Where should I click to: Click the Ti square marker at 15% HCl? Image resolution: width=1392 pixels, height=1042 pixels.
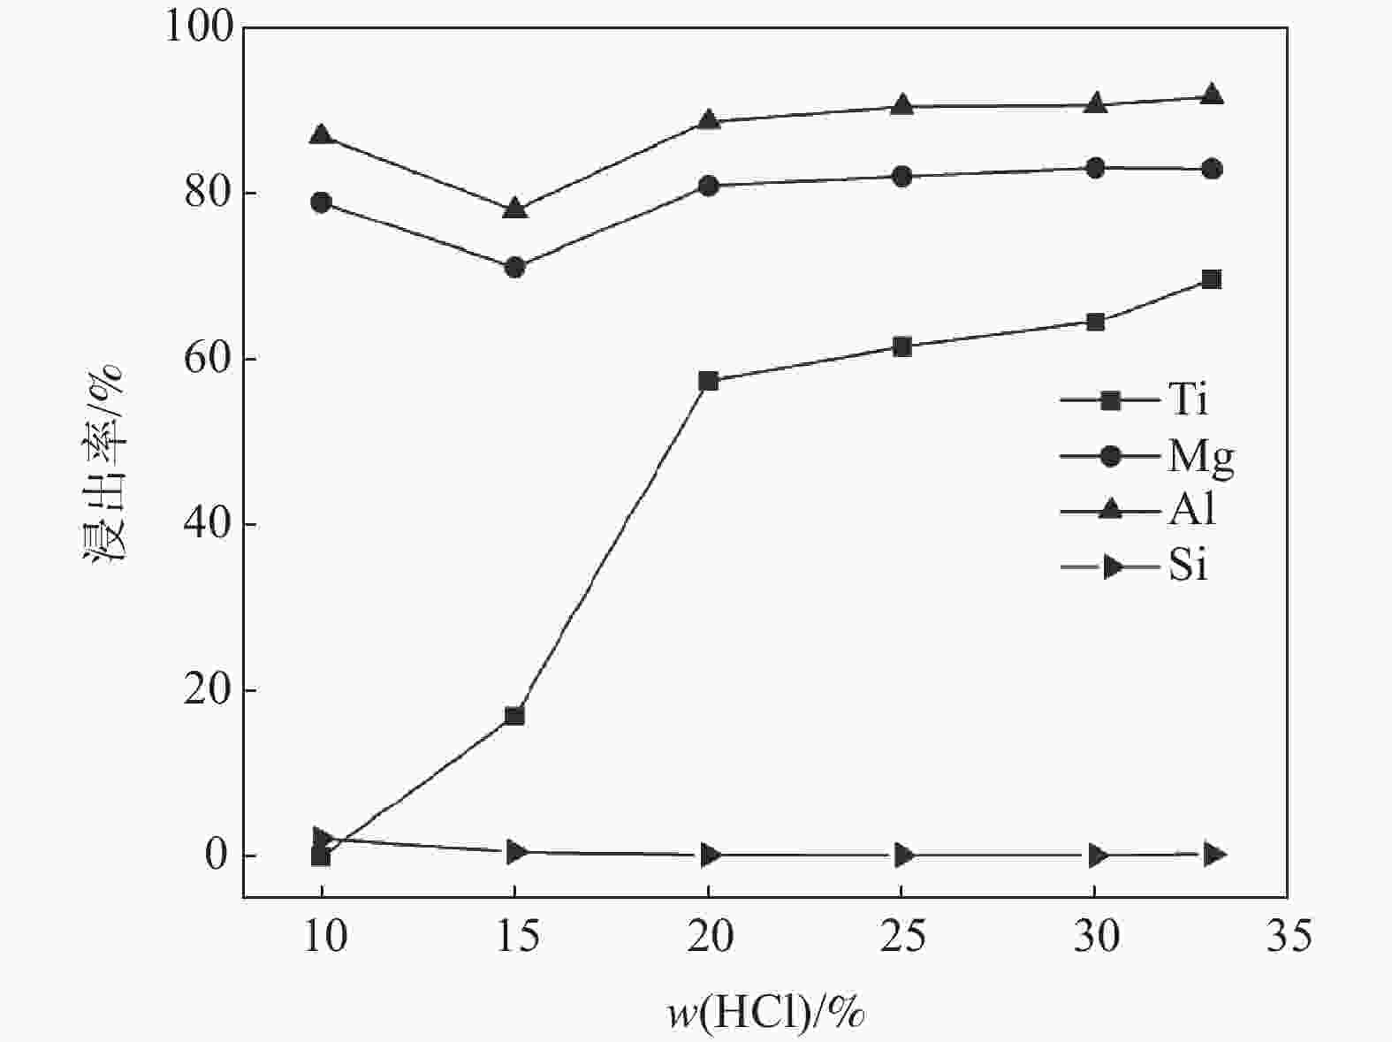(x=514, y=715)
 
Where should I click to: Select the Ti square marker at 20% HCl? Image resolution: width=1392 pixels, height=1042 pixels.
(x=708, y=381)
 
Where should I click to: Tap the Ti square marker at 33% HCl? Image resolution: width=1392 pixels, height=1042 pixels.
(x=1212, y=279)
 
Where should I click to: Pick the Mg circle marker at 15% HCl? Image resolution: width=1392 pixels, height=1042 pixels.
(x=514, y=267)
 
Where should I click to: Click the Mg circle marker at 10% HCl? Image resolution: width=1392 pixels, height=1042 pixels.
(x=321, y=202)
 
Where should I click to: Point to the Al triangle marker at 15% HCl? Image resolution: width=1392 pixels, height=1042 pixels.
(x=514, y=209)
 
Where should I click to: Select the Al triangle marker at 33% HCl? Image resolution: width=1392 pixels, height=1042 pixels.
(x=1212, y=95)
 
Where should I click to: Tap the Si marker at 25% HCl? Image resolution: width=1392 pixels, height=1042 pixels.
(x=901, y=855)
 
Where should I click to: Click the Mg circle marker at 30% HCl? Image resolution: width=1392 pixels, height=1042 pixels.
(x=1095, y=168)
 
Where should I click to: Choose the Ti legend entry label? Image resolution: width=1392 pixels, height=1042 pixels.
(x=1187, y=400)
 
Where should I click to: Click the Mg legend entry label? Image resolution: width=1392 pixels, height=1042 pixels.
(x=1200, y=457)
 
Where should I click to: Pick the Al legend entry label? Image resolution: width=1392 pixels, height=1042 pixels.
(x=1191, y=511)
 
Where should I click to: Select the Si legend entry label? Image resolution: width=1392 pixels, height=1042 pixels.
(x=1187, y=566)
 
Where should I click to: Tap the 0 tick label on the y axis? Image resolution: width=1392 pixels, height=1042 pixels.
(x=219, y=856)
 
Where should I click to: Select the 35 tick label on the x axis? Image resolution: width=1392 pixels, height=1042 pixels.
(x=1288, y=938)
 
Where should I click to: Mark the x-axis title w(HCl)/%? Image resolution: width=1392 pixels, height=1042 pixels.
(x=765, y=1013)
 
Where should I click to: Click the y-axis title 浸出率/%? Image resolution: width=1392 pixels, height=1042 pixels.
(x=104, y=460)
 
